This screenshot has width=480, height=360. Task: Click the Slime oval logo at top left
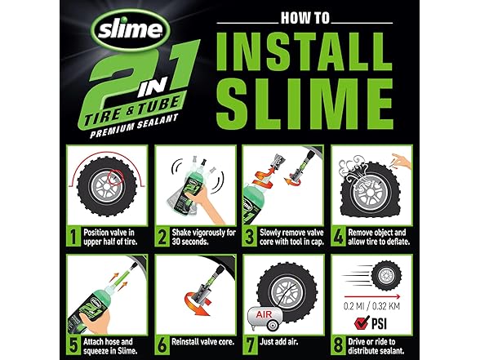131,30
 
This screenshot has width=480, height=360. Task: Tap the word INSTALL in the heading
304,51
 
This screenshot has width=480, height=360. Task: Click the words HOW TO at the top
305,18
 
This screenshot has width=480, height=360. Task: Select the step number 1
73,237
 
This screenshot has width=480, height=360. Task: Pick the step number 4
338,237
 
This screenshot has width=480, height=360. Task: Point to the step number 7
250,345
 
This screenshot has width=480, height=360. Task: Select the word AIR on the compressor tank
264,314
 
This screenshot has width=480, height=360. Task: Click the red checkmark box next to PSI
362,323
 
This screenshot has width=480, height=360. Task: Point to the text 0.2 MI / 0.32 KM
371,306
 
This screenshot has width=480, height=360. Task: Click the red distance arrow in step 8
372,296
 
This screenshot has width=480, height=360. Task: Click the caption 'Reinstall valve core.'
202,341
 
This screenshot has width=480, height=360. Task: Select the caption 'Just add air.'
278,341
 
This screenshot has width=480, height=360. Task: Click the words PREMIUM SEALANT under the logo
134,126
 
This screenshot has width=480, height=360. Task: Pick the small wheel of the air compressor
272,325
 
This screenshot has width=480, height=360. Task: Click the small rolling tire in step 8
386,276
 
